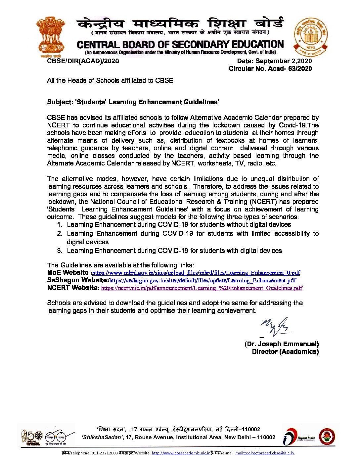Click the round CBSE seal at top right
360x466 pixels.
click(x=311, y=37)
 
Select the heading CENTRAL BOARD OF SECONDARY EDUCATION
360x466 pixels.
click(x=180, y=45)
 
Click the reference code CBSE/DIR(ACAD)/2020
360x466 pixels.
click(x=83, y=61)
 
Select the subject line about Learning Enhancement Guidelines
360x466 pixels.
click(x=133, y=102)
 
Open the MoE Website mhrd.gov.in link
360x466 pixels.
click(x=196, y=273)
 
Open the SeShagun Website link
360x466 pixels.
click(x=202, y=280)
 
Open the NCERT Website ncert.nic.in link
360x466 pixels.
click(x=202, y=288)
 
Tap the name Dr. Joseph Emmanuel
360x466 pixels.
click(x=282, y=344)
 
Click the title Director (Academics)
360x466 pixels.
click(x=285, y=351)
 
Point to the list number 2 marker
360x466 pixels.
click(x=60, y=233)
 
